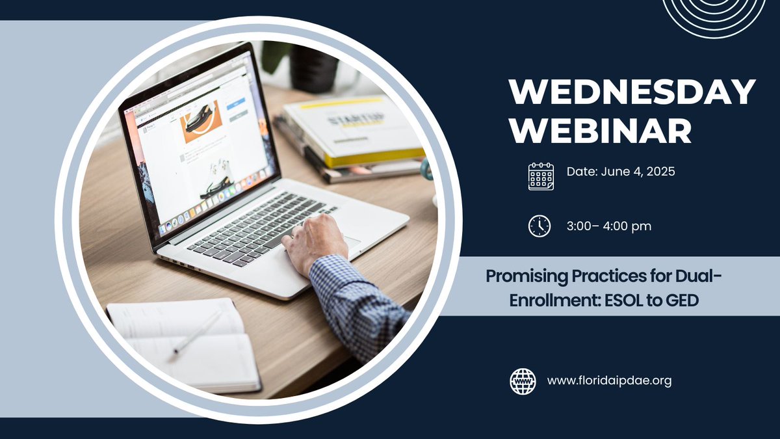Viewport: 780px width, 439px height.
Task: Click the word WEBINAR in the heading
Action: (600, 130)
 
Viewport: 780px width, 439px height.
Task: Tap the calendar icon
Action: (541, 176)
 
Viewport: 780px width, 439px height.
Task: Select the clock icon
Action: (539, 226)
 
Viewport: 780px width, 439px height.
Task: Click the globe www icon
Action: (523, 381)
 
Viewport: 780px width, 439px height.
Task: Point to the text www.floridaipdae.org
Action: (609, 381)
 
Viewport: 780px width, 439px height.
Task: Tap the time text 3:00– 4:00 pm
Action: (608, 226)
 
